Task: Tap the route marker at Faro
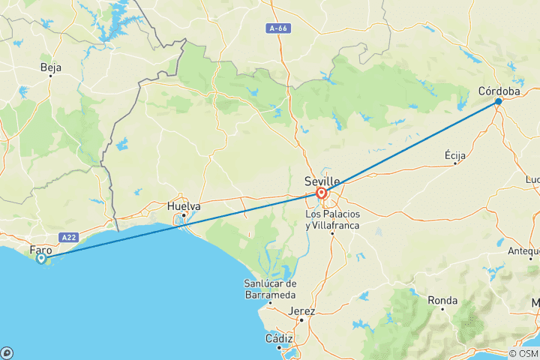41,259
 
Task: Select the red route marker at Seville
322,193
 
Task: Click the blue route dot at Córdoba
499,101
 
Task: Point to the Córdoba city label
499,91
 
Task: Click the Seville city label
322,181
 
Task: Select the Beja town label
51,67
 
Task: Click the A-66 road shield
277,28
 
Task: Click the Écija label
455,154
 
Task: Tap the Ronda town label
442,300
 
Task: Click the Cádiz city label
278,338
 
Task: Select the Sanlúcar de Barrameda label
270,288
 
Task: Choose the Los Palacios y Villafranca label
332,220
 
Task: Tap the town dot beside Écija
455,163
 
